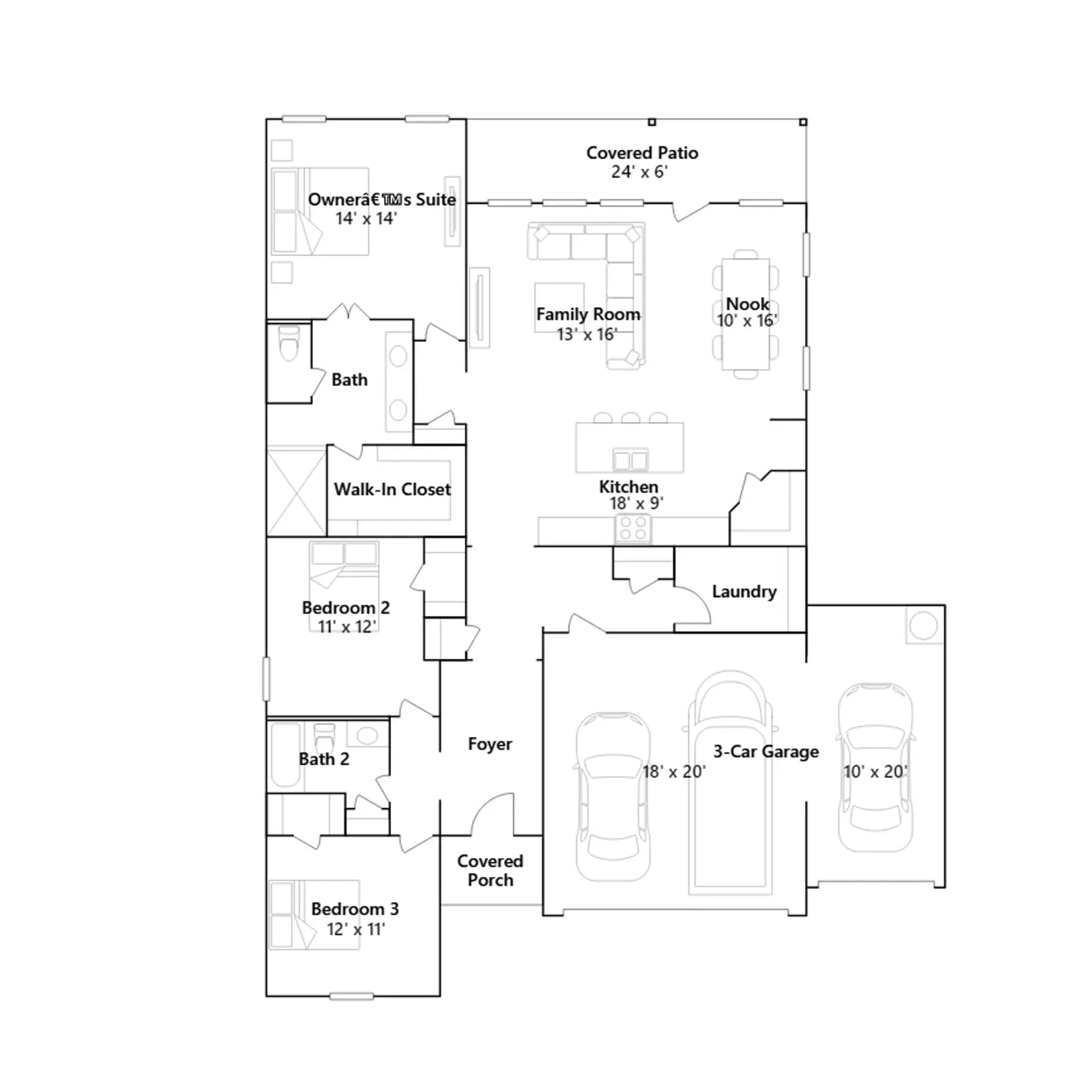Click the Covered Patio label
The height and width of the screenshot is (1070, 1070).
coord(642,153)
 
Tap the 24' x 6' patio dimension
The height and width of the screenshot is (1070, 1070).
coord(639,172)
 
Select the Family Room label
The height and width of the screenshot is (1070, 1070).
coord(588,314)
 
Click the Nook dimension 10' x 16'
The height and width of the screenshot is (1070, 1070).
coord(747,321)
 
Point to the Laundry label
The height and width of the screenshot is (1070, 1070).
coord(744,592)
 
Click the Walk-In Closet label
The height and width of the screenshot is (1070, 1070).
coord(393,490)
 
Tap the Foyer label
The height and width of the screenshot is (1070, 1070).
coord(490,744)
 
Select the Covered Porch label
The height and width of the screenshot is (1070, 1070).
coord(490,871)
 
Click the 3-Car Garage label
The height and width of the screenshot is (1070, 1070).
coord(766,752)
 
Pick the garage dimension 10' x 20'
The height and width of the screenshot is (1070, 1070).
coord(875,772)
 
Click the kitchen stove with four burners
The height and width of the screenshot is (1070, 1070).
coord(633,528)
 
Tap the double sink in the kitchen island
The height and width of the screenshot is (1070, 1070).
coord(631,460)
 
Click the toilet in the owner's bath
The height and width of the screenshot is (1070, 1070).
coord(289,342)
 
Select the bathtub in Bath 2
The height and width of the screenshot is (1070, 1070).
coord(286,755)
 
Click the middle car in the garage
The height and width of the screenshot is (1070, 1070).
coord(730,782)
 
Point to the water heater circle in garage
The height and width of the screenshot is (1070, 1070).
coord(924,626)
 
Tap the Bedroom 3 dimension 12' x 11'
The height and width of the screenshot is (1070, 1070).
coord(356,930)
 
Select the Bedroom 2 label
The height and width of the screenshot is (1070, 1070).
coord(346,608)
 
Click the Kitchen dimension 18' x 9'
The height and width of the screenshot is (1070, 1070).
coord(636,504)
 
